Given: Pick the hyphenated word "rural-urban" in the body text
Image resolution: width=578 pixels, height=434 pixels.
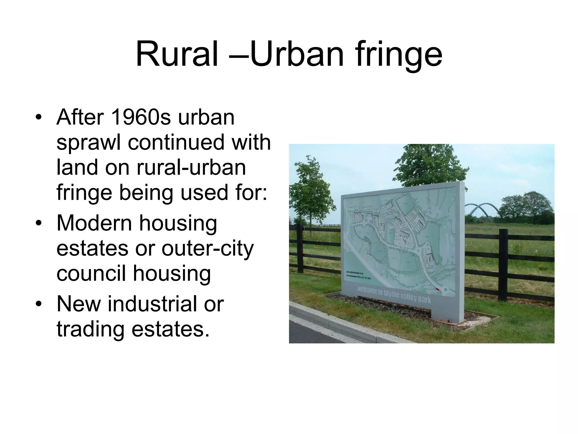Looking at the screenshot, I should coord(191,167).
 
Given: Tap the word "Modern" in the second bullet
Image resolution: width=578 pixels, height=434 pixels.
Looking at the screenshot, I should coord(94,223).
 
